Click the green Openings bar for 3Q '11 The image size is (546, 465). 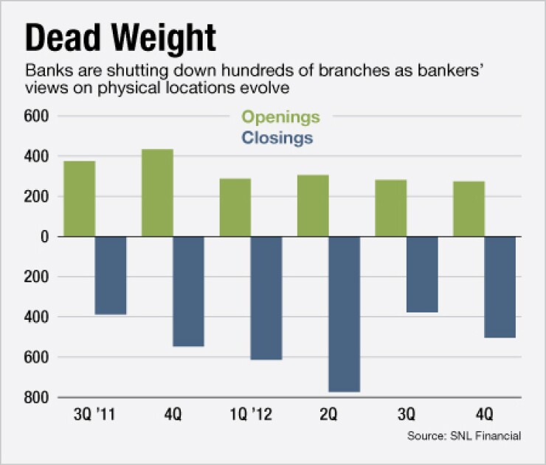80,198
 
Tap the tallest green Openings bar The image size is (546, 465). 157,192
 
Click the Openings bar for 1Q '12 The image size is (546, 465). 235,207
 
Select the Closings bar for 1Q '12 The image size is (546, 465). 266,298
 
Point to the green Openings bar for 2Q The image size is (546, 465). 313,206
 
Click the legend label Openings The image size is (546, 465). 281,117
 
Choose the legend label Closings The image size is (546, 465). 277,138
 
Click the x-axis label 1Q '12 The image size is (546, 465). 251,416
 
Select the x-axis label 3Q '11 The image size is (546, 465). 95,416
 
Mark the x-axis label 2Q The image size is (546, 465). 328,416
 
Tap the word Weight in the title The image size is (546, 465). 163,38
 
